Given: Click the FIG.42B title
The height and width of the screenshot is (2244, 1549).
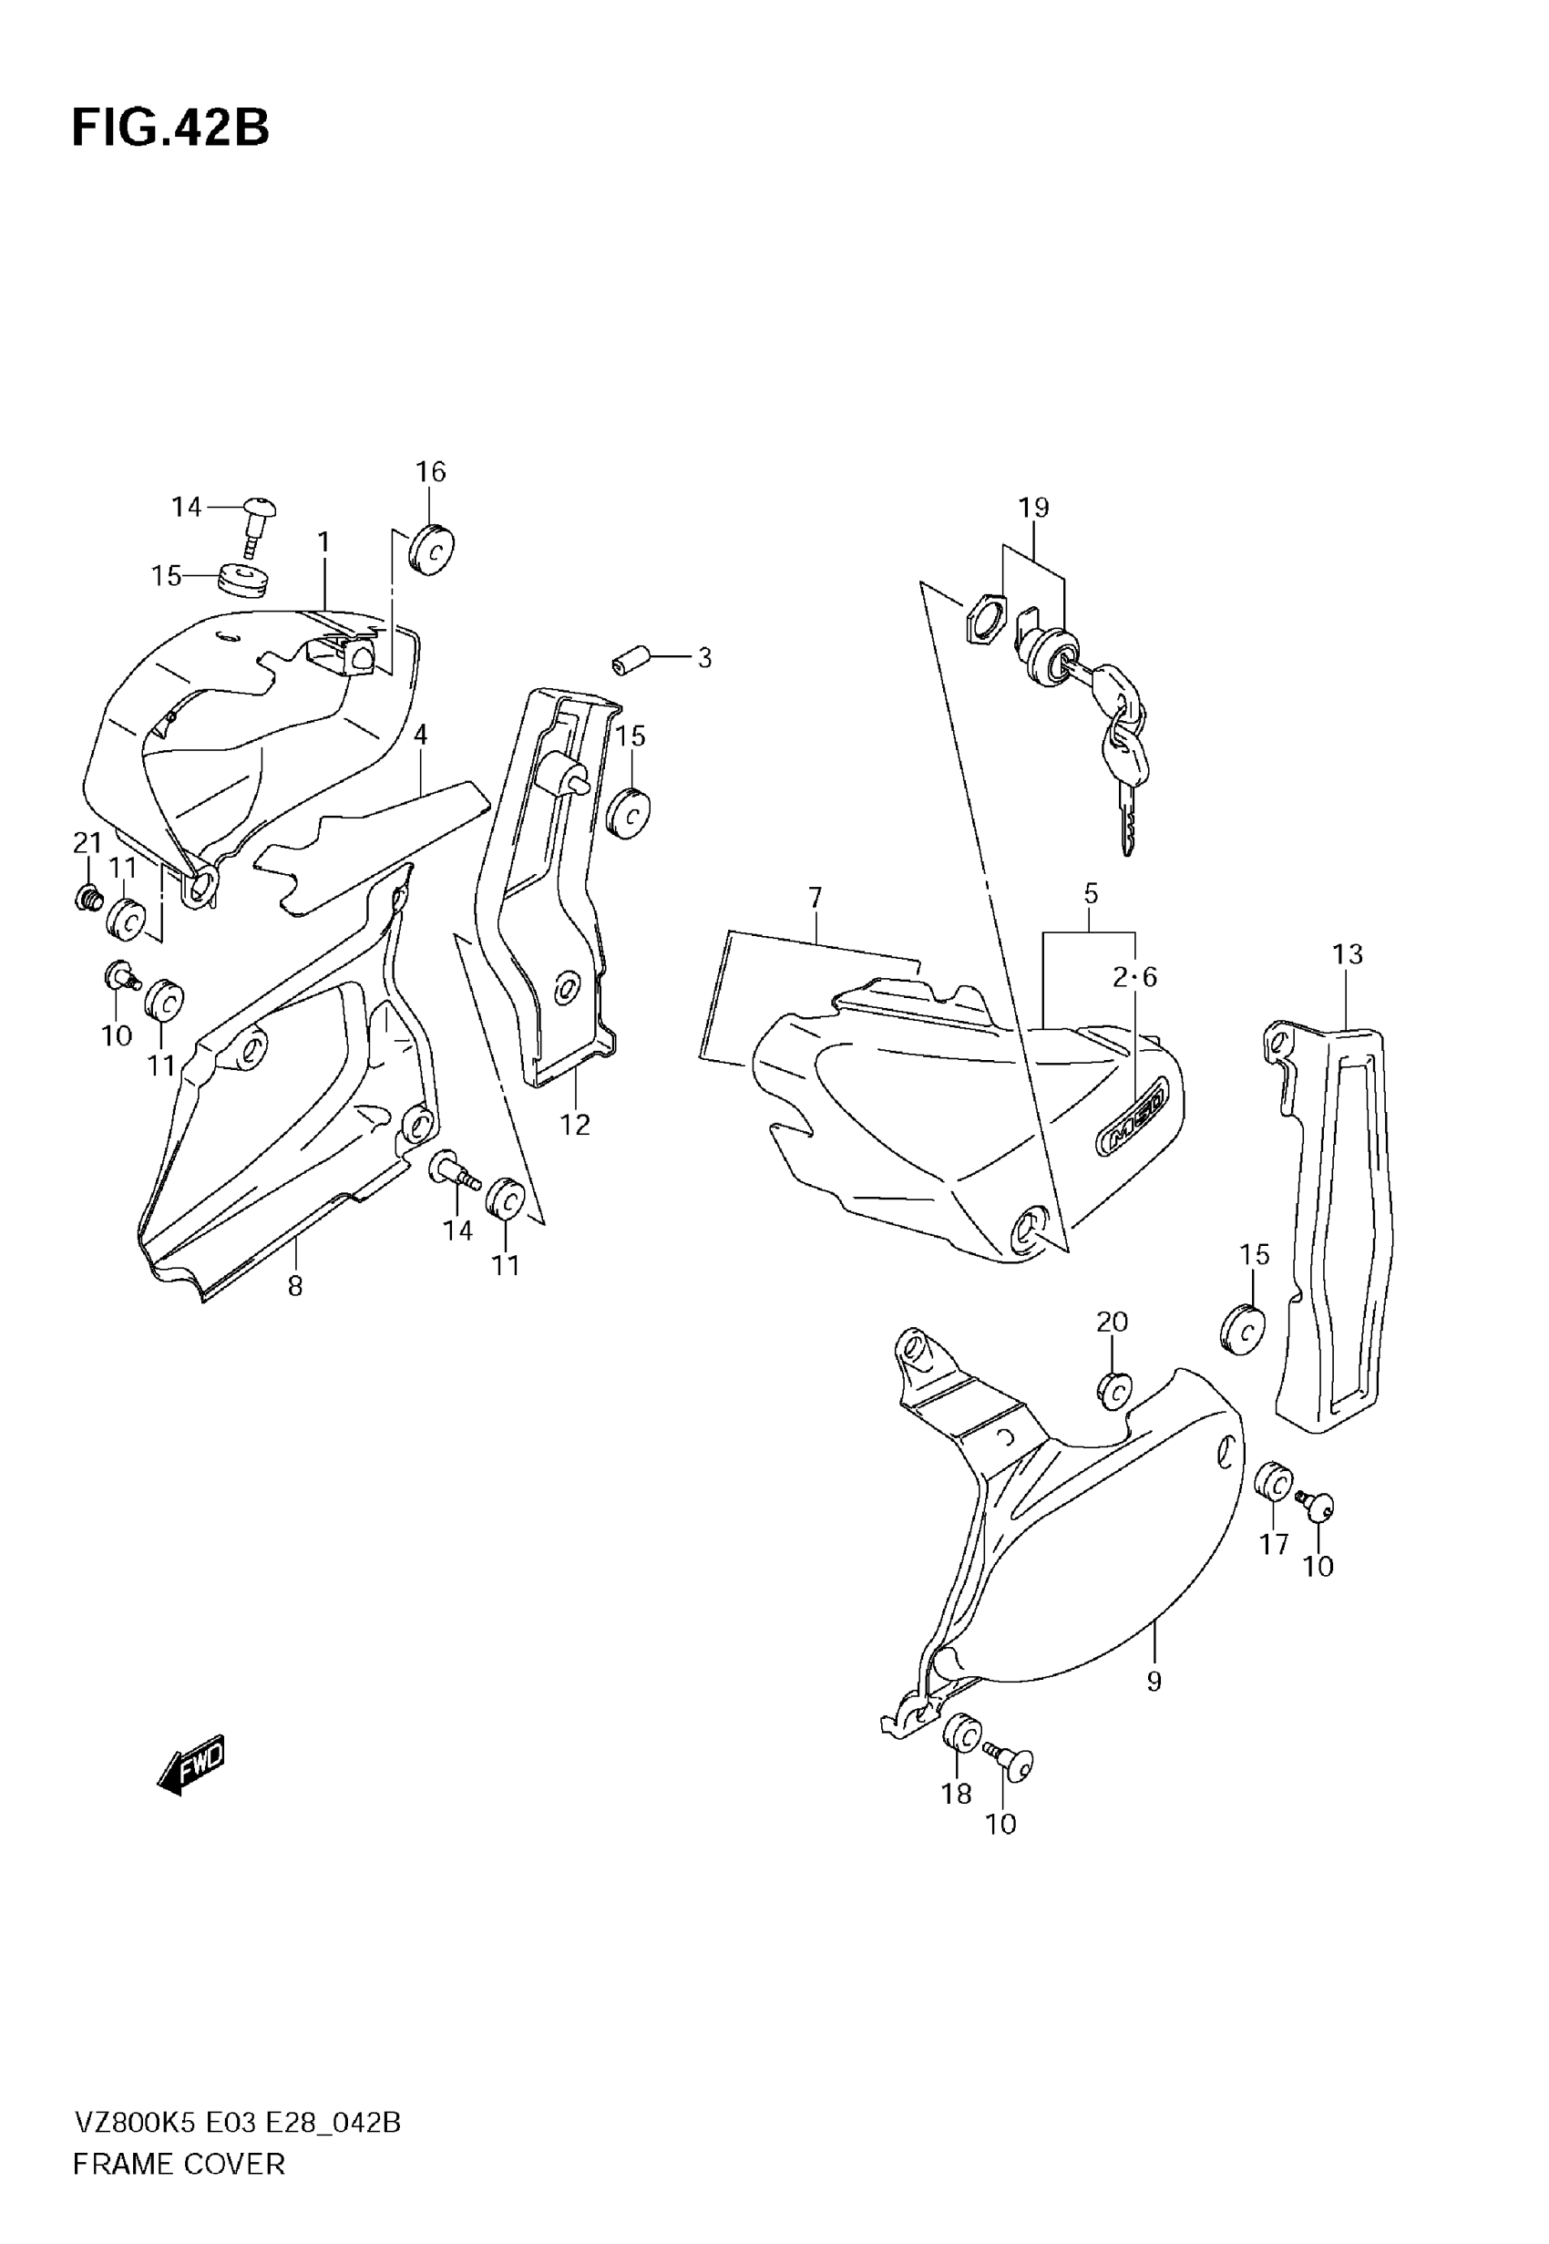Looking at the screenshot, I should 170,129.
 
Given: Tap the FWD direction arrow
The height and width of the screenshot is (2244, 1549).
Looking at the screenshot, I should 191,1763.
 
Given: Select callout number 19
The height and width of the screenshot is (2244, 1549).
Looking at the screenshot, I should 1033,507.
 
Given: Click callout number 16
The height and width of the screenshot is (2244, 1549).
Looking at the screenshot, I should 431,472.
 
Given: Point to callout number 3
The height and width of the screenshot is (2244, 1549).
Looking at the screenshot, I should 704,658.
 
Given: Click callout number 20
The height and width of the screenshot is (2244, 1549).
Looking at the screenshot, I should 1113,1321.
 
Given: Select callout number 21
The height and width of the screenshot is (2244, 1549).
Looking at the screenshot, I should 87,842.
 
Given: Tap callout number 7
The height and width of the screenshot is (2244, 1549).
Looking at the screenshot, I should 816,898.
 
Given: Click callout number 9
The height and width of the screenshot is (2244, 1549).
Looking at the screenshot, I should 1154,1681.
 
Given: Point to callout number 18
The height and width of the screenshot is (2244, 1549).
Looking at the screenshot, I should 956,1794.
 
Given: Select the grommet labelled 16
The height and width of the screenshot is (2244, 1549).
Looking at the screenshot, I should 433,551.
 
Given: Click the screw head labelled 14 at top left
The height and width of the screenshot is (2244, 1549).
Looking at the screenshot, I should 260,509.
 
